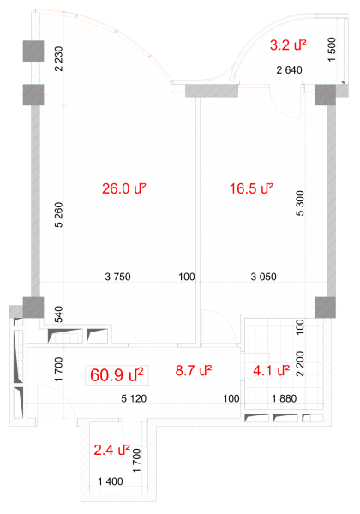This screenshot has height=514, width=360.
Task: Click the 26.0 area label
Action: tap(124, 188)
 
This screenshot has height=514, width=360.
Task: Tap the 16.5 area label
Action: tap(251, 188)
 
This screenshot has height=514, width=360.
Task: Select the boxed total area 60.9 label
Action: tap(117, 374)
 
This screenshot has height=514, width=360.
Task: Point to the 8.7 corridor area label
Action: tap(194, 370)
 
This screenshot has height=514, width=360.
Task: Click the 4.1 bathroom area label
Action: tap(272, 370)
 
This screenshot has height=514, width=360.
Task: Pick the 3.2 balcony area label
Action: tap(288, 45)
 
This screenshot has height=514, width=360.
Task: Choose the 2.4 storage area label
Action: tap(111, 450)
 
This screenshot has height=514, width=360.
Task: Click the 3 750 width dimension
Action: tap(117, 277)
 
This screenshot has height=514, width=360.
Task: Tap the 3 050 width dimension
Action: tap(264, 277)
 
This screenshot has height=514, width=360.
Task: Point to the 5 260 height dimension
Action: tap(58, 215)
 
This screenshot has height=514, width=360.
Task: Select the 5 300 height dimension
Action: tap(300, 203)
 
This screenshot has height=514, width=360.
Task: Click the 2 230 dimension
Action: tap(58, 58)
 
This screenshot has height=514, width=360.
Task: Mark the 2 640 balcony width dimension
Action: tap(289, 70)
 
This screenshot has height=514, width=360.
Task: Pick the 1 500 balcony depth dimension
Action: tap(332, 50)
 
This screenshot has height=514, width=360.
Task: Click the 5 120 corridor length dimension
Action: tap(134, 398)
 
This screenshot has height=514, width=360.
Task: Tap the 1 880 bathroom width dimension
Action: tap(285, 398)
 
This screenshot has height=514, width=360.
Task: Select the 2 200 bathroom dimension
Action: tap(300, 363)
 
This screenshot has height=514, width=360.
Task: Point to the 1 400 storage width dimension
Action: tap(111, 481)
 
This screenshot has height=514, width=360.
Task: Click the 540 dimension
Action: tap(58, 314)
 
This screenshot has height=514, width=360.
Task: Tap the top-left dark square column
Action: tap(33, 51)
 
